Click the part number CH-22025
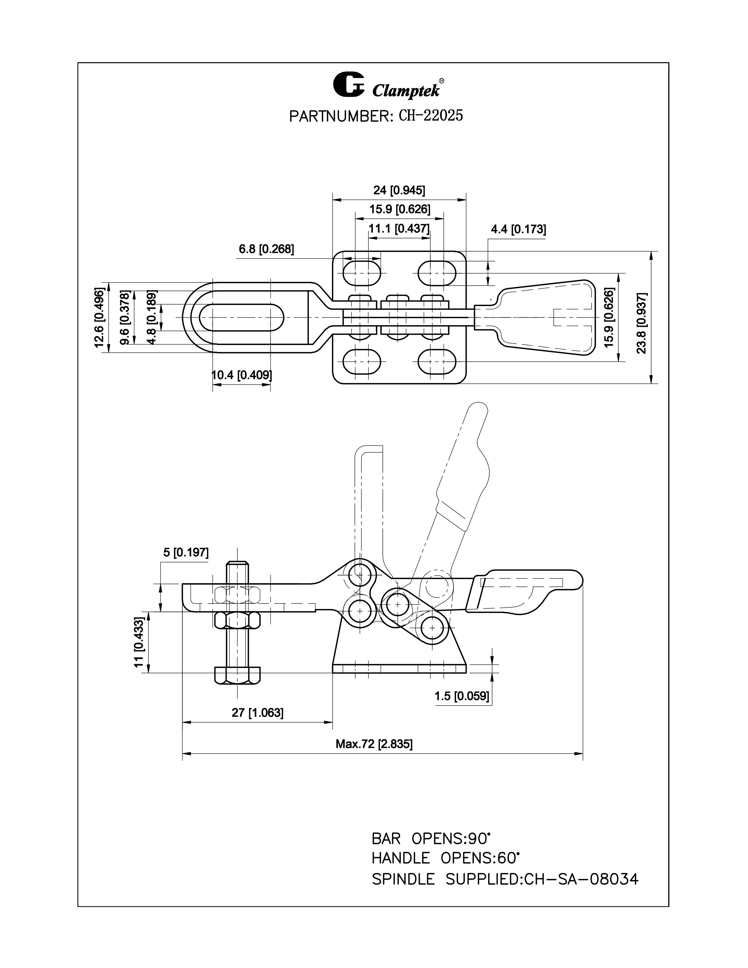click(x=430, y=116)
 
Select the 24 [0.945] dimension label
click(x=399, y=191)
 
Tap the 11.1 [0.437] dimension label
click(x=399, y=229)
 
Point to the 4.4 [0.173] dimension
click(x=518, y=230)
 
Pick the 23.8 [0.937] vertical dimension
click(x=641, y=323)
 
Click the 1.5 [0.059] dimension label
click(x=462, y=696)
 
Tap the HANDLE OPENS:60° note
click(x=445, y=859)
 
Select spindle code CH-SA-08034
click(x=581, y=879)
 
